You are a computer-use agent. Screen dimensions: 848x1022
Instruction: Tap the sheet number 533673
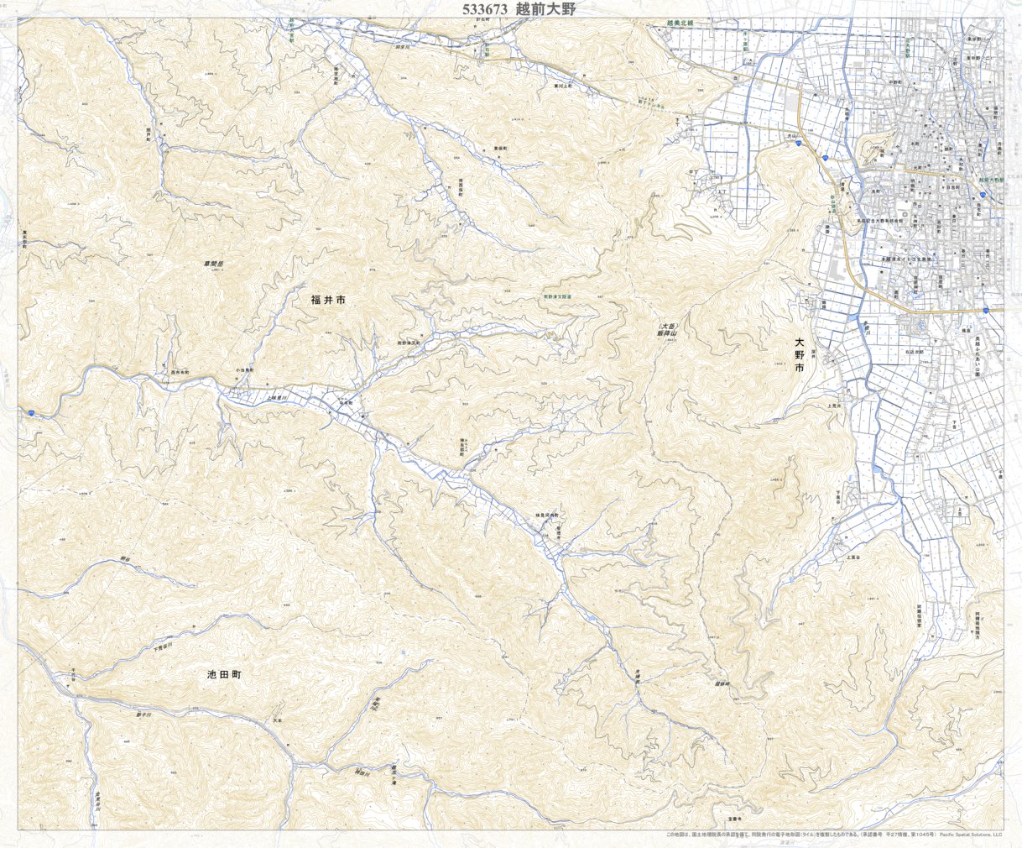point(484,9)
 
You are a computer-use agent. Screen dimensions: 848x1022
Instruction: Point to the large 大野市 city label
point(800,355)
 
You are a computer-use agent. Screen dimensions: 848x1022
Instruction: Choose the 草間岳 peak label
point(216,264)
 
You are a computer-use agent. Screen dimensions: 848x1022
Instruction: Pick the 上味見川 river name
point(278,398)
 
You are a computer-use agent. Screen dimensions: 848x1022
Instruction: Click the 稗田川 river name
point(362,772)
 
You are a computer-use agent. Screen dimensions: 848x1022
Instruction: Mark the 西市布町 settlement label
point(181,371)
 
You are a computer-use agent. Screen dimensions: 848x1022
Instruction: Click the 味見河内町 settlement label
point(542,514)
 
